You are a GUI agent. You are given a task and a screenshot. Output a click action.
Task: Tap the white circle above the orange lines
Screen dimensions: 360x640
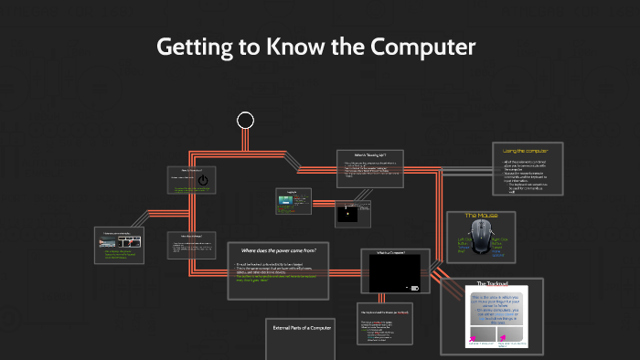coord(245,120)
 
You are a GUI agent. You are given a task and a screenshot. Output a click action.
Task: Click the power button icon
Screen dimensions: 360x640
coord(203,180)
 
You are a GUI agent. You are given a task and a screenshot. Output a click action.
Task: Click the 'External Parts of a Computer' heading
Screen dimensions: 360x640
coord(303,327)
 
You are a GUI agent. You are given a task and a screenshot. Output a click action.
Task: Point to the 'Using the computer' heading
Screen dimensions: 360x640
coord(527,150)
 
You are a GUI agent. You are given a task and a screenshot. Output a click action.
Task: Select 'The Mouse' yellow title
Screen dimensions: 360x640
coord(481,216)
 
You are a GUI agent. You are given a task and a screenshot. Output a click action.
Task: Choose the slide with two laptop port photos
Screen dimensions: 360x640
coord(119,242)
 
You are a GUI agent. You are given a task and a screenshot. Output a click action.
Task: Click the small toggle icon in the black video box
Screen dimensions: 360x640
coord(414,289)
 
